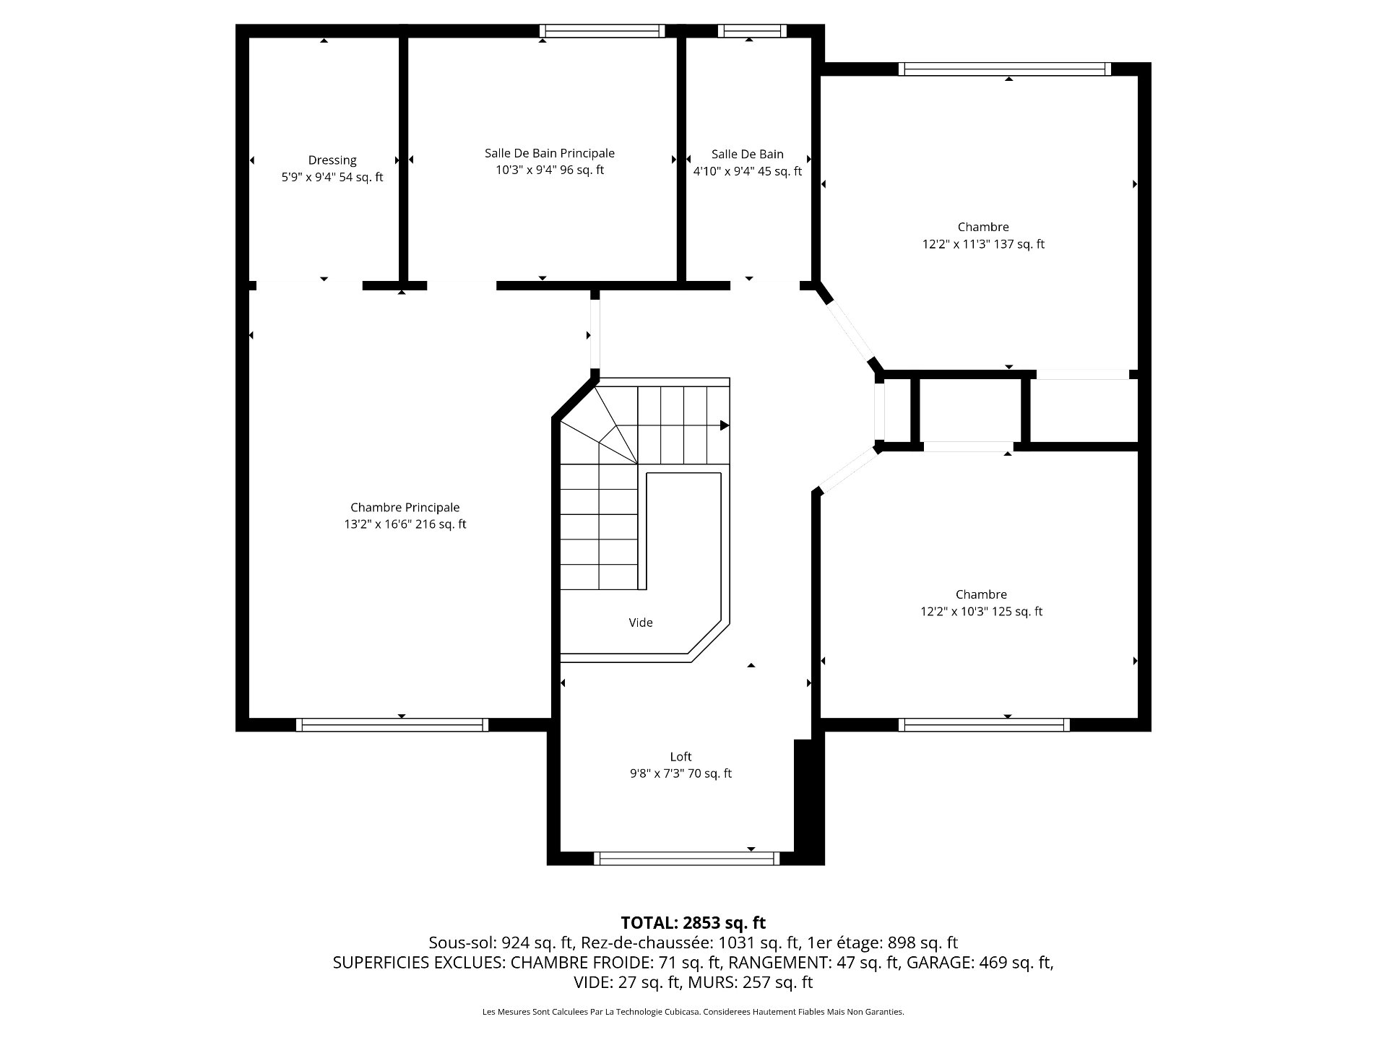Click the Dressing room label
click(x=332, y=160)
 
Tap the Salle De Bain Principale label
click(x=550, y=153)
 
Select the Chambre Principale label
click(x=405, y=508)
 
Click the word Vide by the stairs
click(x=641, y=623)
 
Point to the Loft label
click(x=680, y=757)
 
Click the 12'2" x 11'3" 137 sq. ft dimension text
click(x=983, y=244)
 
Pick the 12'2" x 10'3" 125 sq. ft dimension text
click(x=981, y=612)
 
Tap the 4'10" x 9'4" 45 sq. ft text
click(x=748, y=171)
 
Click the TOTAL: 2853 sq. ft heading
click(x=693, y=923)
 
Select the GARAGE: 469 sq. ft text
click(x=980, y=963)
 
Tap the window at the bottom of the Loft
click(x=687, y=859)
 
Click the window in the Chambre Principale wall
click(x=392, y=725)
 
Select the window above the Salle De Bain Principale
click(x=602, y=30)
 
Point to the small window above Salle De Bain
click(x=752, y=30)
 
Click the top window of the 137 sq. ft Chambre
click(x=1005, y=69)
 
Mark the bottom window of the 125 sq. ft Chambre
click(x=985, y=725)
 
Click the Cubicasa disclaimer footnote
click(x=693, y=1012)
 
